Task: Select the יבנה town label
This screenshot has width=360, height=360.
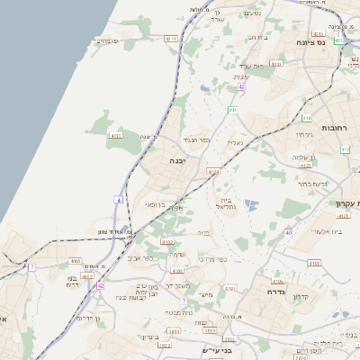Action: [176, 160]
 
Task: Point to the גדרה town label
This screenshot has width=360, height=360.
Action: [275, 292]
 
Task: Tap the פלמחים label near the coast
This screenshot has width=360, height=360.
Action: [107, 40]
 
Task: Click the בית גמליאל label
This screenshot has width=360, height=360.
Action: [226, 202]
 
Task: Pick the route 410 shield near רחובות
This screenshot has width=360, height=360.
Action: [307, 118]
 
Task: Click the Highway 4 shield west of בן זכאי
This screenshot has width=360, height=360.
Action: [119, 199]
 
